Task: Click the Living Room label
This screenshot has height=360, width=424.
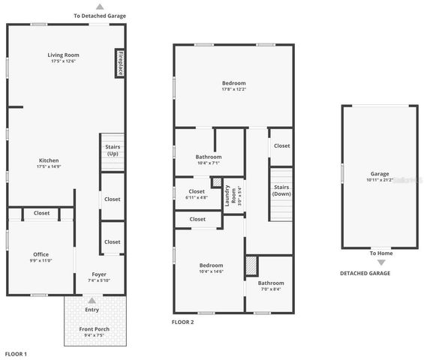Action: pos(64,55)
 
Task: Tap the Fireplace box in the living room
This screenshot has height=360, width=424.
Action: pos(120,63)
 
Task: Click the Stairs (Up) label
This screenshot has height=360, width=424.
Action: pos(113,150)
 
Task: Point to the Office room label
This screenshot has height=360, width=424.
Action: pos(41,254)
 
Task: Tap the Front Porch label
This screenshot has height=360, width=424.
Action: pos(92,329)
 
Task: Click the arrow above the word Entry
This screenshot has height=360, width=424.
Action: pos(92,301)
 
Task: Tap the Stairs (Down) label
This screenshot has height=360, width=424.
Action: pos(281,190)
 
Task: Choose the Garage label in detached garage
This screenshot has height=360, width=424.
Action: pos(380,173)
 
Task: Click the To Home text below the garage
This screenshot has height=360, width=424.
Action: pos(380,253)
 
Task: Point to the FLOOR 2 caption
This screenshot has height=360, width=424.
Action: pos(183,322)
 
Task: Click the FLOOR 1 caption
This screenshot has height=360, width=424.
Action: pos(16,353)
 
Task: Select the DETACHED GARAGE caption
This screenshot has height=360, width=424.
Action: pos(365,273)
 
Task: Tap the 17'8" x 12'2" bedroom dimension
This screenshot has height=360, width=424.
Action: pos(233,90)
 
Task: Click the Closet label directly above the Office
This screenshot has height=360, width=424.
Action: pos(41,213)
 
